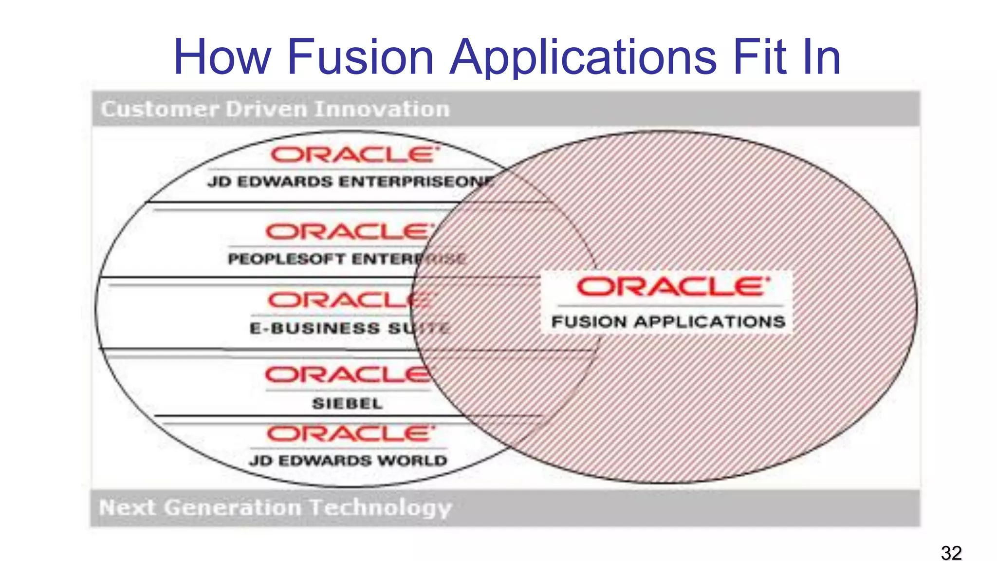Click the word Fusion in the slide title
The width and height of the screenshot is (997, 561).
360,57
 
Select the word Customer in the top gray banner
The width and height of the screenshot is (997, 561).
160,109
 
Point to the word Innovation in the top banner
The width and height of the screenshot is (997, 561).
382,109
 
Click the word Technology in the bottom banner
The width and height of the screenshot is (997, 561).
381,507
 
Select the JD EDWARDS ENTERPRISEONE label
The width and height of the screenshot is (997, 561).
351,182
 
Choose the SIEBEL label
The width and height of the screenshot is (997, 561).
347,403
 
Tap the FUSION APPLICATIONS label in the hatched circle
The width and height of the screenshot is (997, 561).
668,321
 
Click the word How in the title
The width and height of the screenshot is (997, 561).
222,57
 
